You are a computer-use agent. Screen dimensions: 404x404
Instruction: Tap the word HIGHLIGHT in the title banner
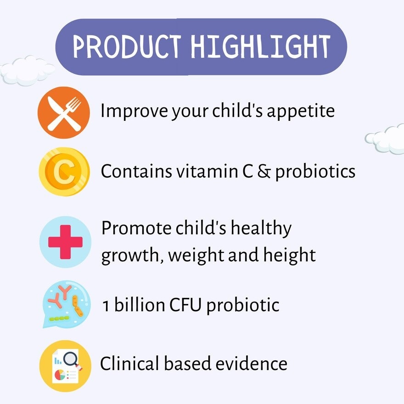coord(260,46)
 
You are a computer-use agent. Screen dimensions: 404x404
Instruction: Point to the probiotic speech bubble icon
coord(63,303)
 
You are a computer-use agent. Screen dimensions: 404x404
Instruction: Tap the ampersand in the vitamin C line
coord(263,171)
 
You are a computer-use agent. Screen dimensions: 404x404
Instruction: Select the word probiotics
coord(315,171)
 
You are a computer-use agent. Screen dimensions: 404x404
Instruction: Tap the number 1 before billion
coord(106,305)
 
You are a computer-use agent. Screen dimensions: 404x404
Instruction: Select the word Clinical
coord(127,364)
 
